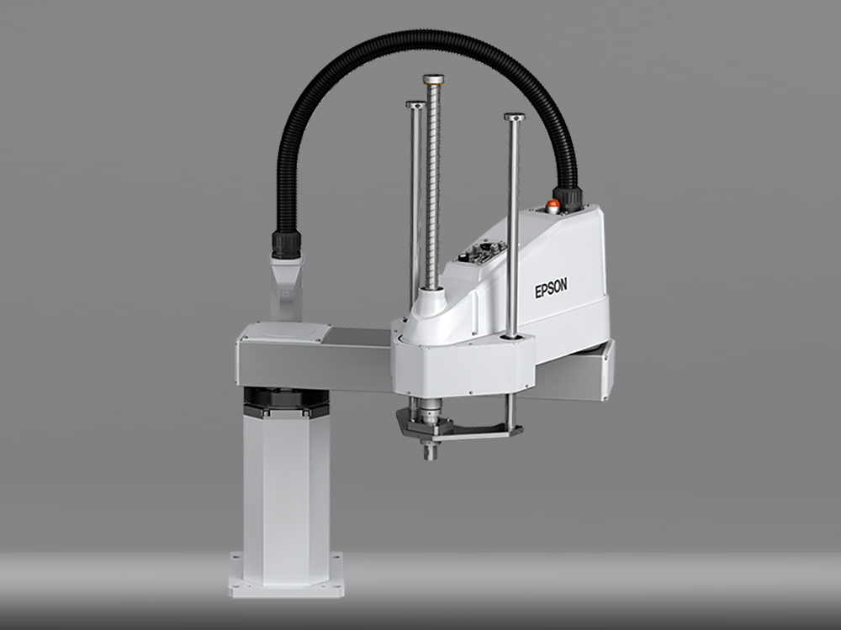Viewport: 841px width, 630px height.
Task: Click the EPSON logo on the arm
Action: pos(551,289)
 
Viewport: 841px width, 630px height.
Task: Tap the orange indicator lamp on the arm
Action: pos(552,203)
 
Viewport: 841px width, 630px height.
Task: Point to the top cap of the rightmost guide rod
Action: pos(514,117)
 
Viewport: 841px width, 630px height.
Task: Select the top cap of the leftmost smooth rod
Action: pos(415,104)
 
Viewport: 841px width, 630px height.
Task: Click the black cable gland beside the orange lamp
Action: pos(568,199)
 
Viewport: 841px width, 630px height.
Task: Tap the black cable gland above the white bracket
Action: pos(287,244)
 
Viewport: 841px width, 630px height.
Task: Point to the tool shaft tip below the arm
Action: pos(430,454)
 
